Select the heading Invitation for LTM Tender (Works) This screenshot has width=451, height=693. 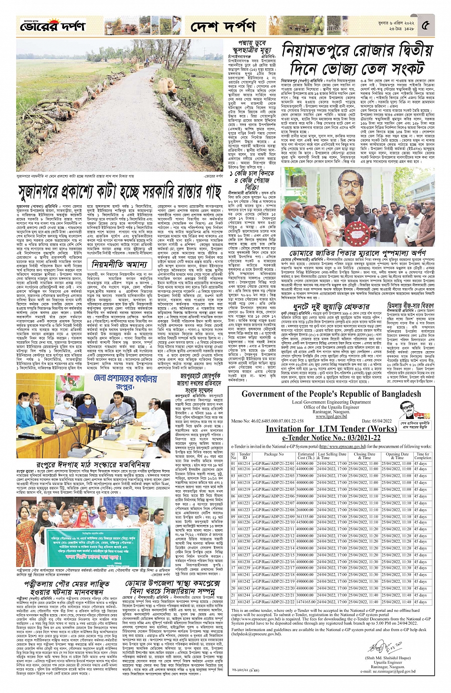(331, 428)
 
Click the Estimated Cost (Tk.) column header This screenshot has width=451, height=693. (305, 456)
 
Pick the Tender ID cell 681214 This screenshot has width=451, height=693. (244, 463)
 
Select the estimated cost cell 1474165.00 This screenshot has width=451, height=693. (305, 602)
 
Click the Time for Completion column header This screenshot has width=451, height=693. (423, 456)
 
